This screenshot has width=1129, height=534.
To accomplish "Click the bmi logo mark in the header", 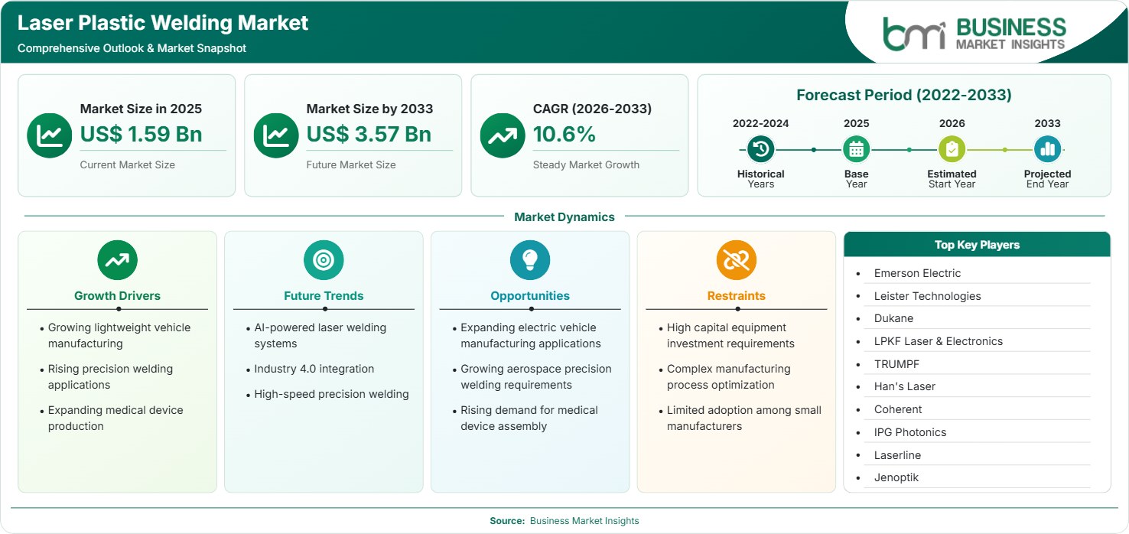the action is [x=914, y=34].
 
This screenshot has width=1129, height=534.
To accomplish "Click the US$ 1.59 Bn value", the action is [x=141, y=134].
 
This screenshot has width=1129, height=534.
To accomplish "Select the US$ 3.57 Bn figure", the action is [x=369, y=134].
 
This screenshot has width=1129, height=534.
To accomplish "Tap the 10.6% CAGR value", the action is [x=564, y=134].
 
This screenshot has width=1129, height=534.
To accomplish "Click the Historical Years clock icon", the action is [x=760, y=149].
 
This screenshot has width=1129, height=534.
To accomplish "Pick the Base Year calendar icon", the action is [x=857, y=149].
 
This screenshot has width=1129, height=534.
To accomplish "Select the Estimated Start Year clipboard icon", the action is [x=952, y=149].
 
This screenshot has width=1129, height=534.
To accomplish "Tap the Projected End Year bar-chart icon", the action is [x=1047, y=149].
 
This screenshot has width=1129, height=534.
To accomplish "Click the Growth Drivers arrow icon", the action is [x=118, y=259].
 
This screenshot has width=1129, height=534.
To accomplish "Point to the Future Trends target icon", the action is [x=324, y=259].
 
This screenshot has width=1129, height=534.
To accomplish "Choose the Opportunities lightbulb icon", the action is [x=530, y=259].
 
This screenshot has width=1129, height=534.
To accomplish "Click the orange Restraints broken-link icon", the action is [x=737, y=259].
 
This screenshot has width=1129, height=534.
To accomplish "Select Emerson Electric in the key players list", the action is [x=917, y=273].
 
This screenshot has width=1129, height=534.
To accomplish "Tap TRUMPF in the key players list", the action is [x=896, y=364].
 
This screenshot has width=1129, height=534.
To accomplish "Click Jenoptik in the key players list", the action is [x=896, y=477].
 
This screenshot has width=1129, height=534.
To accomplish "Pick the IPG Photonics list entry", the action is [x=910, y=432].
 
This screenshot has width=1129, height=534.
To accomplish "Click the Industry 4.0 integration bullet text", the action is [x=314, y=369].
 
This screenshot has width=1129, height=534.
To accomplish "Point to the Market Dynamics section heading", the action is [x=564, y=217].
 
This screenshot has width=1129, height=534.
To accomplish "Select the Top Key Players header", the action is [x=977, y=245].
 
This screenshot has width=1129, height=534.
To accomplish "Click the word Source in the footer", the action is [x=507, y=521].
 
